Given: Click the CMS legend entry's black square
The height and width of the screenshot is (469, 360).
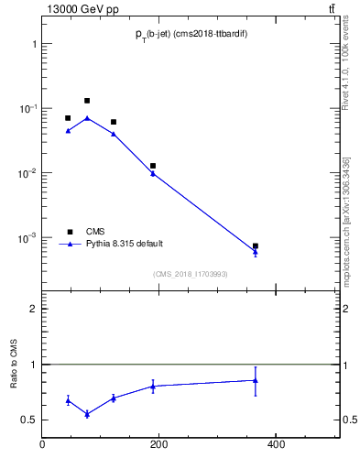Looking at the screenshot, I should (69, 232).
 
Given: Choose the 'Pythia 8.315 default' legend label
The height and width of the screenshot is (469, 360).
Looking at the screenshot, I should (125, 244).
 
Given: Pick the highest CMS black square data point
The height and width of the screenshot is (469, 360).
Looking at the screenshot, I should (87, 101).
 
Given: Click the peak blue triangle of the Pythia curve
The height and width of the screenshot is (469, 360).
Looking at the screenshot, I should (87, 118).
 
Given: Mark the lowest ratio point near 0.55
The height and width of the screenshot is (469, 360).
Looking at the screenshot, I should (87, 414).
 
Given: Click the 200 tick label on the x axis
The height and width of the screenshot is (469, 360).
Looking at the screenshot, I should (158, 446).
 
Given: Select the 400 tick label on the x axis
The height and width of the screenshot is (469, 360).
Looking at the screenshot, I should (275, 446).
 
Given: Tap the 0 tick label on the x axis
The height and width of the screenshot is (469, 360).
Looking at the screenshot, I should (42, 446).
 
